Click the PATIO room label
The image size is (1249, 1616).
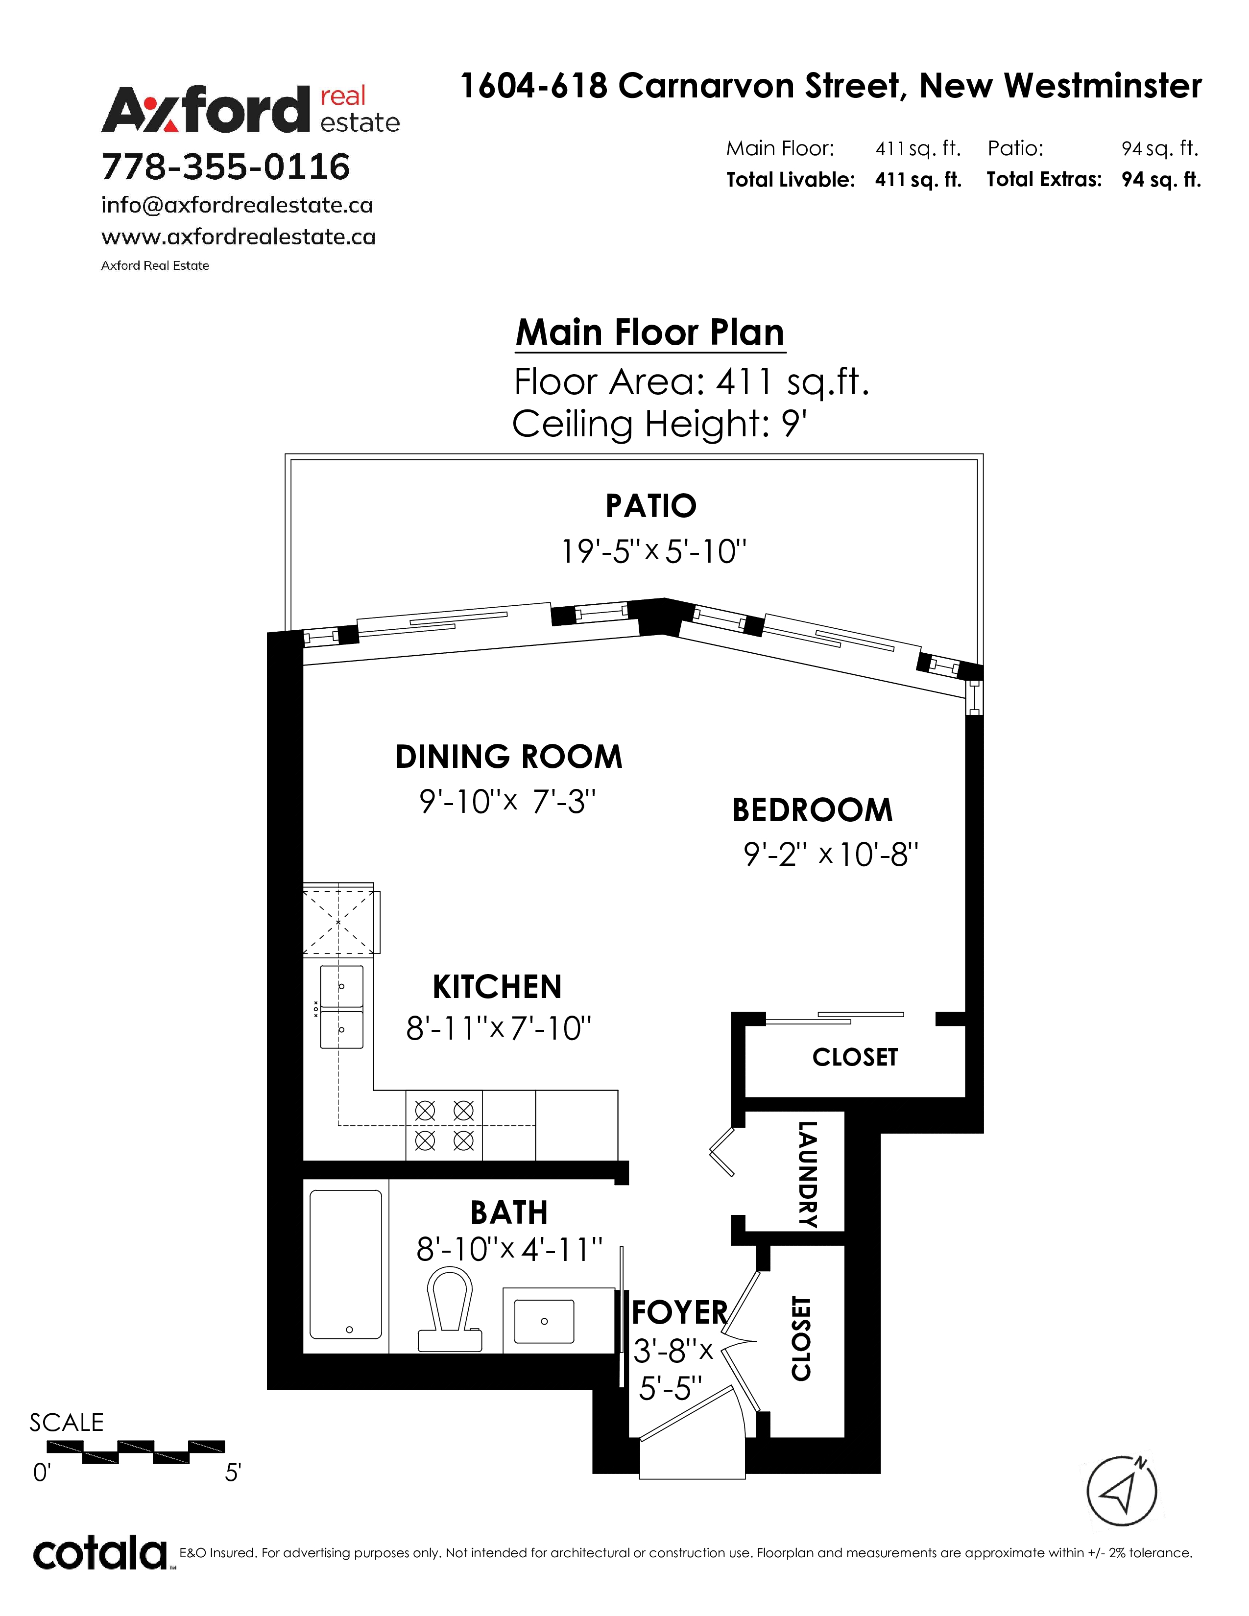(650, 506)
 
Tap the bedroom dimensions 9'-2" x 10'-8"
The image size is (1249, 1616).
(831, 855)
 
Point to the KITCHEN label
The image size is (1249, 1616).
(497, 987)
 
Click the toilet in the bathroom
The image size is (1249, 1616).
(450, 1310)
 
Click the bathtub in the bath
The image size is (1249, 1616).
(345, 1264)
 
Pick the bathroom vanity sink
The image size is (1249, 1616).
(544, 1322)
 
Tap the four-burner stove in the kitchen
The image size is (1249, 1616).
(444, 1125)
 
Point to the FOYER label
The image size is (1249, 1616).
(680, 1312)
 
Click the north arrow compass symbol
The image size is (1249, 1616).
(1121, 1490)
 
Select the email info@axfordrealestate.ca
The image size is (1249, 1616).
(237, 205)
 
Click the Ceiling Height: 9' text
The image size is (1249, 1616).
(659, 424)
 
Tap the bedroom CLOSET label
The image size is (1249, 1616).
(855, 1057)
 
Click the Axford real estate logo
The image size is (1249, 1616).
(250, 110)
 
